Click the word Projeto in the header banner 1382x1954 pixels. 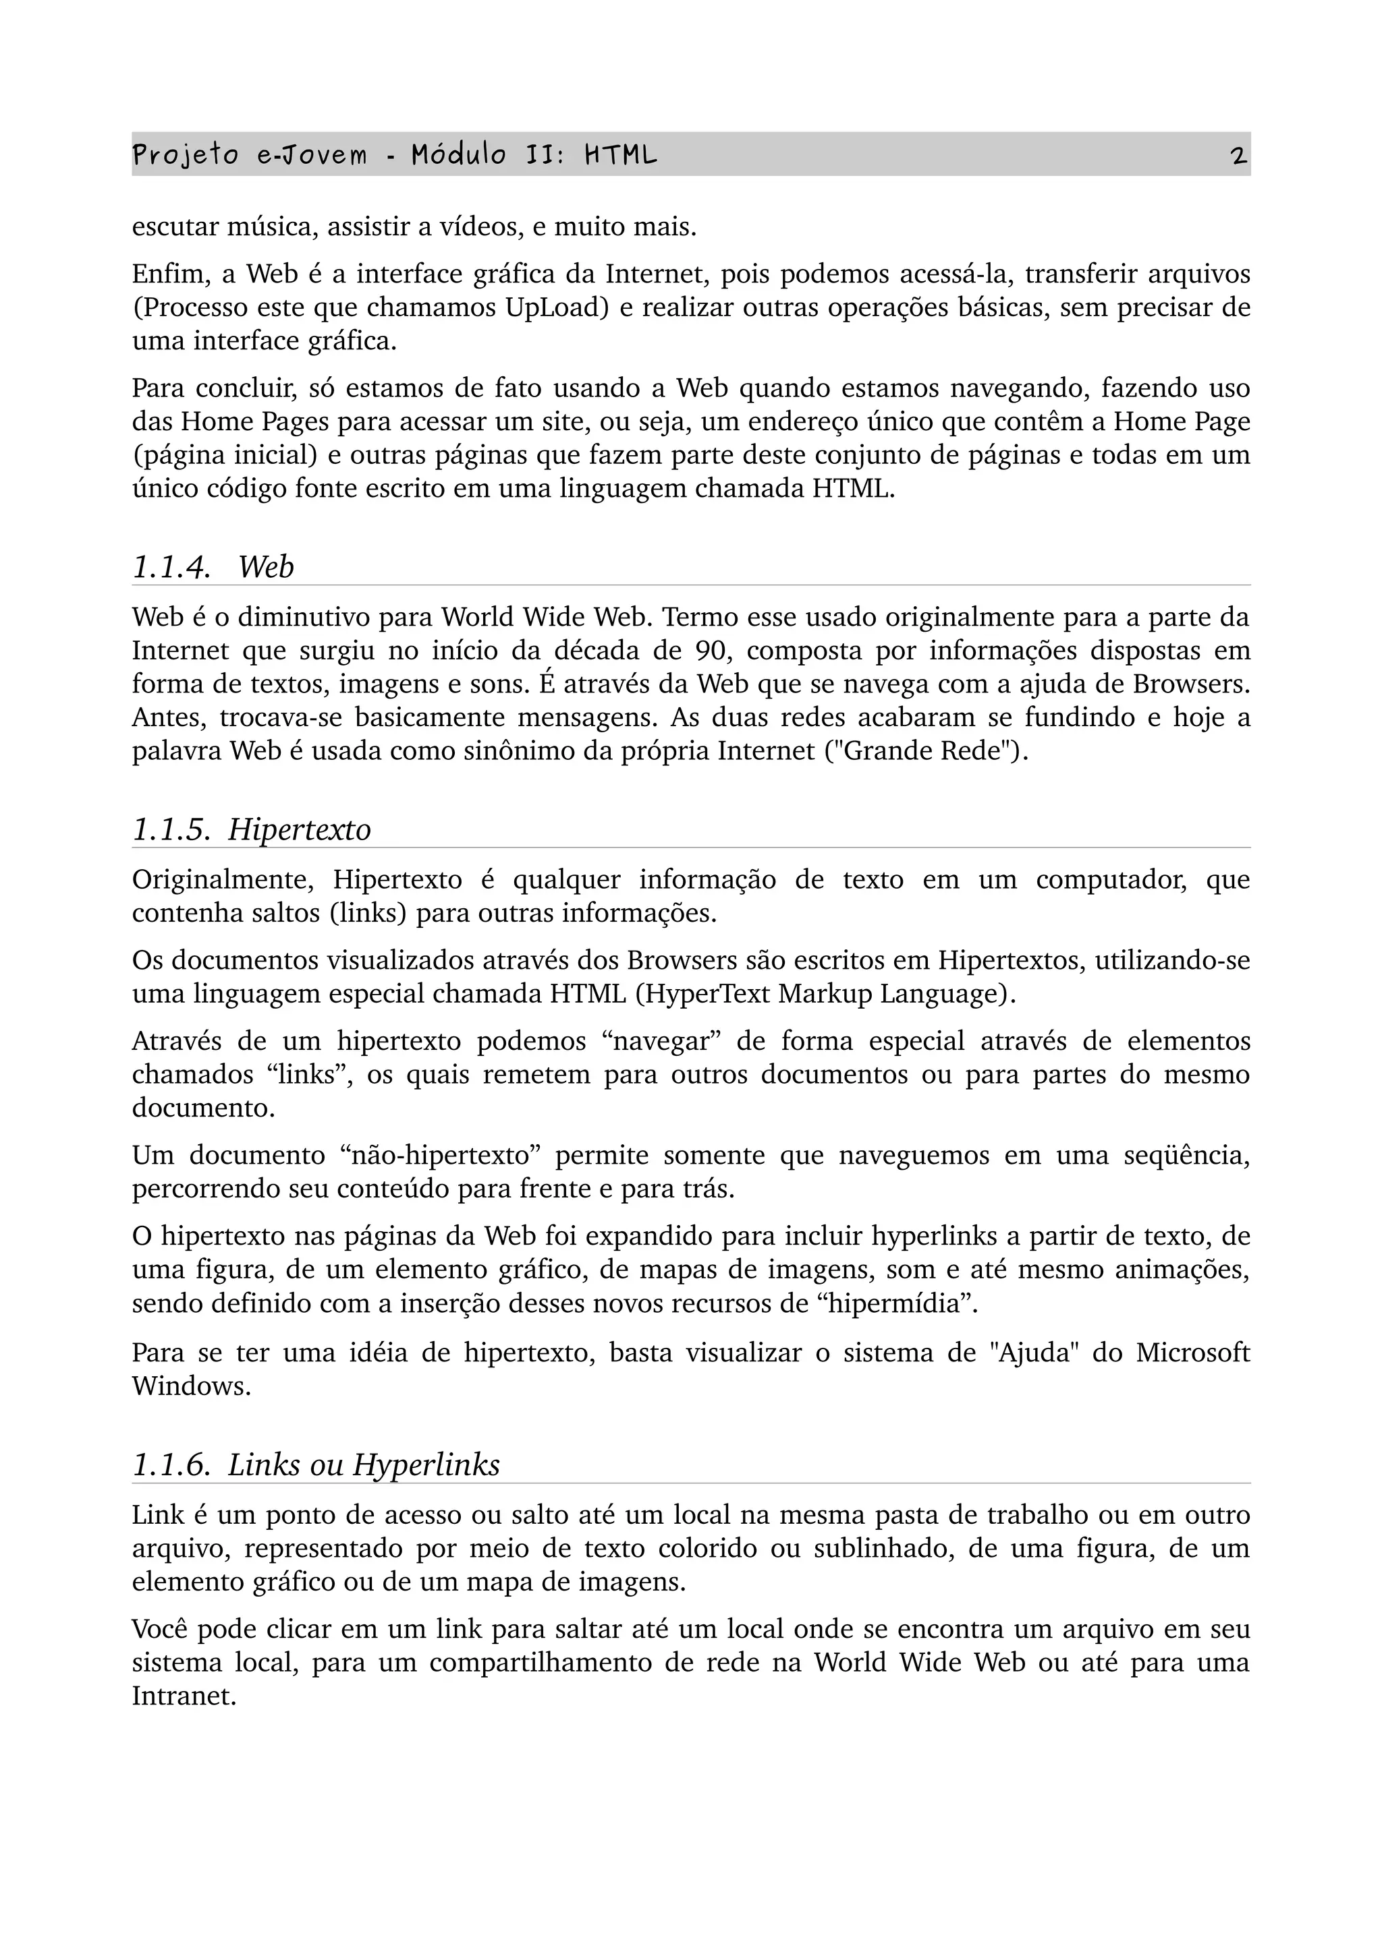coord(185,156)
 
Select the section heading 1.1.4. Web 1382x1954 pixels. coord(213,567)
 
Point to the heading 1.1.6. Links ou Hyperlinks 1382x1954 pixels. coord(316,1464)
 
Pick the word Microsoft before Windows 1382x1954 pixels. coord(1192,1353)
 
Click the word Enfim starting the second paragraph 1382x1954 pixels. coord(166,274)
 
